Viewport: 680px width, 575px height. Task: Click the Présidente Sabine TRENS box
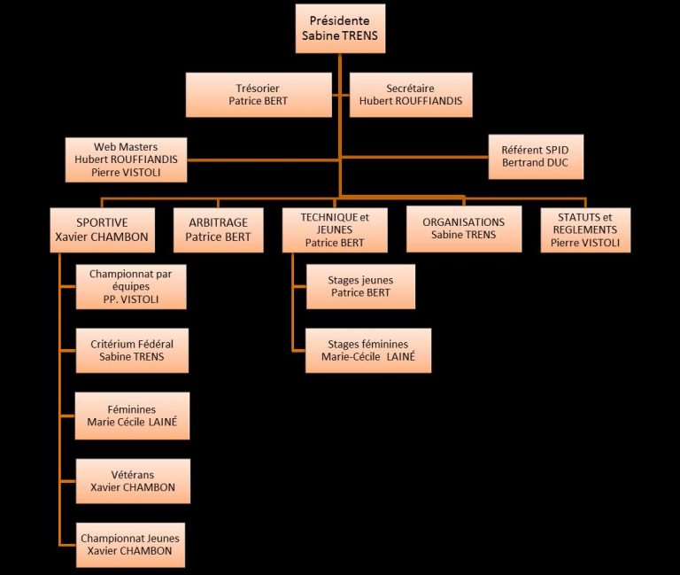point(339,28)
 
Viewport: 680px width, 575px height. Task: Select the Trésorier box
point(258,95)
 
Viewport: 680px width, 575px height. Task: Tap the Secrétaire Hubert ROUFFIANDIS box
point(411,95)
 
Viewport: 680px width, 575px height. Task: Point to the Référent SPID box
point(536,157)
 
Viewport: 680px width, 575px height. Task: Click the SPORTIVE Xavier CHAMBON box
point(102,229)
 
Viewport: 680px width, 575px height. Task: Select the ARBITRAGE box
point(218,229)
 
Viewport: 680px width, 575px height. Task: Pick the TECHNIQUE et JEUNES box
point(335,229)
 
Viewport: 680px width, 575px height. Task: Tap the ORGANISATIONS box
point(463,229)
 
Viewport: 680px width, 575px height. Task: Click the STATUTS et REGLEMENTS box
point(585,229)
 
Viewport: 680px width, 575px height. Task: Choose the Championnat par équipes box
point(131,287)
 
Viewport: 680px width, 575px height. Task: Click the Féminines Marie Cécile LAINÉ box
point(132,416)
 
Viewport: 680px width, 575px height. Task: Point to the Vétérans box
point(133,481)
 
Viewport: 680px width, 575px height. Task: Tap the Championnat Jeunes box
point(133,544)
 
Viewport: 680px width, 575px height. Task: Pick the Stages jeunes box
point(360,286)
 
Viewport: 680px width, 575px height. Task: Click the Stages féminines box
point(367,350)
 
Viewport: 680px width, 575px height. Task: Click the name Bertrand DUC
point(536,165)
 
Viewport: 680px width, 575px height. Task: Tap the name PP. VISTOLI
point(131,300)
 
